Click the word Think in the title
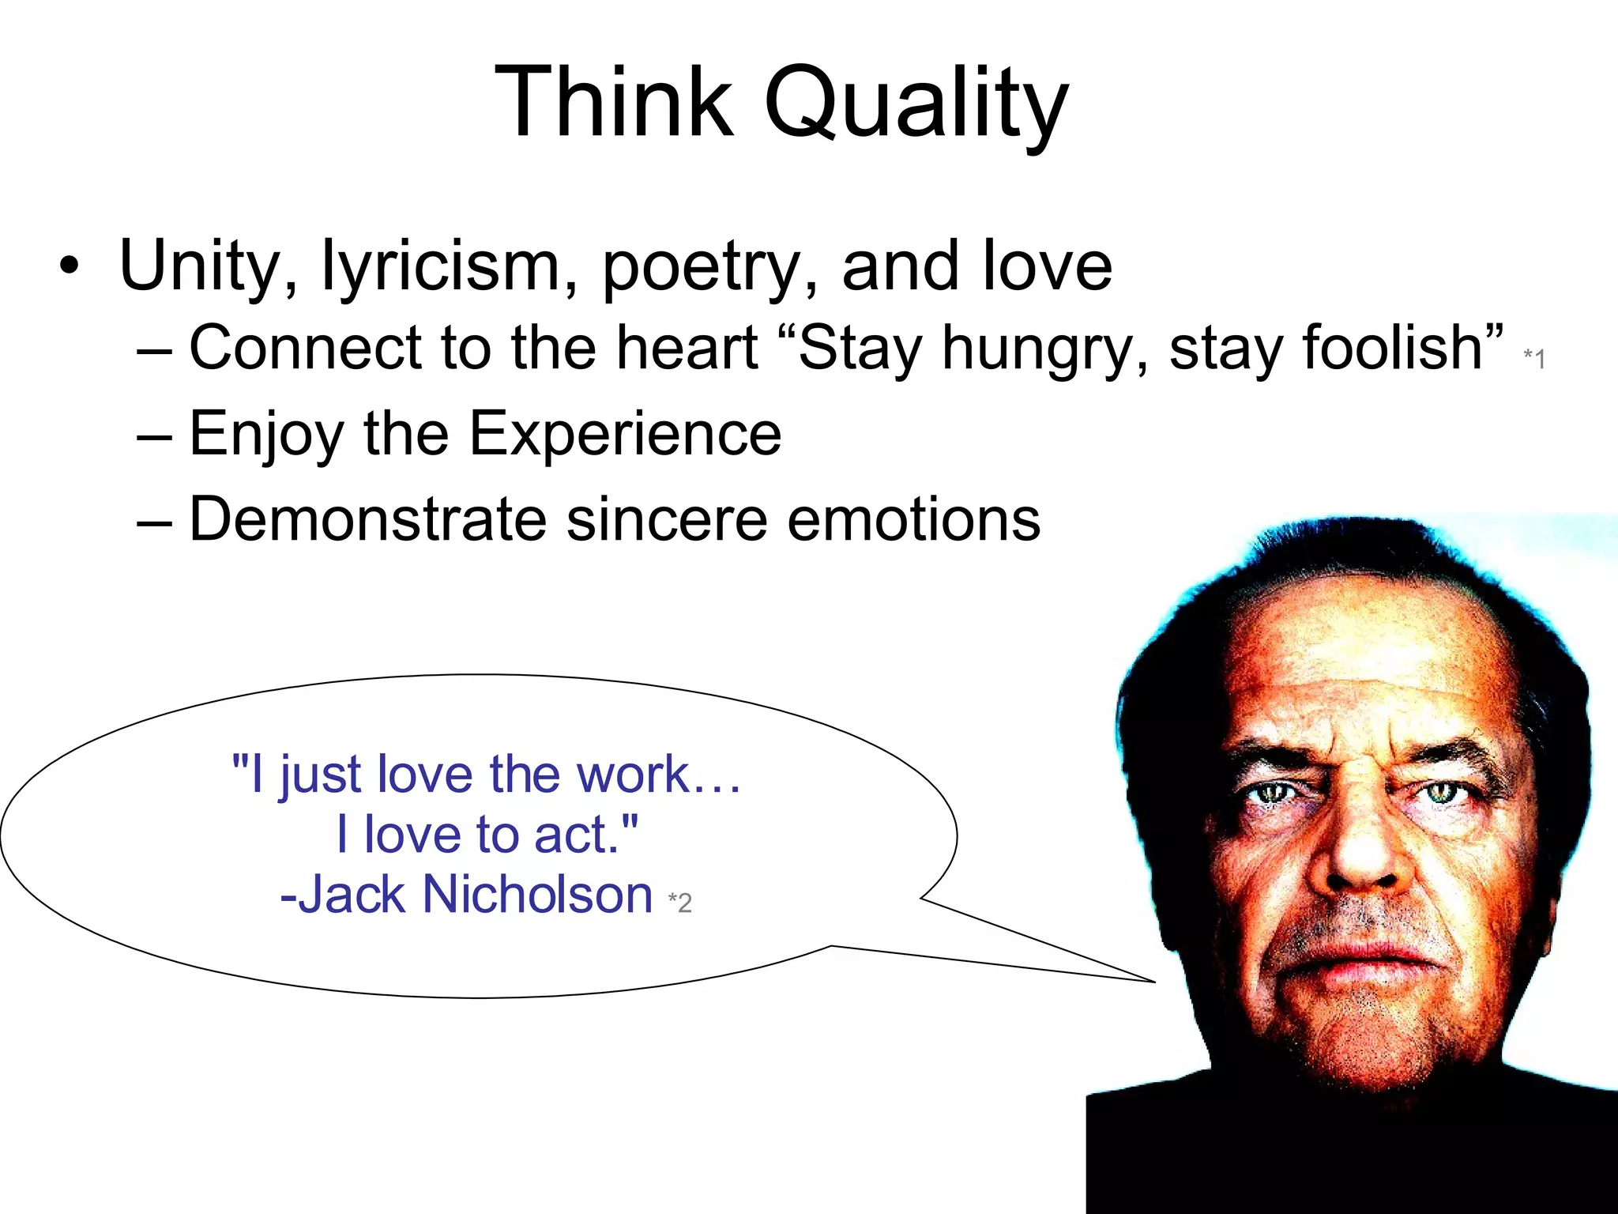(x=614, y=103)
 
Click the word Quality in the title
(x=916, y=104)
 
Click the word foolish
(x=1336, y=348)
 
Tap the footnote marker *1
(x=1533, y=358)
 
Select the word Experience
(x=625, y=434)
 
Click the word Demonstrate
(x=367, y=519)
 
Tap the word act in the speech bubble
(x=576, y=835)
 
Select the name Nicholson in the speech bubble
(x=537, y=895)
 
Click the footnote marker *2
(x=679, y=902)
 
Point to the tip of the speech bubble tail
(x=1154, y=982)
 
